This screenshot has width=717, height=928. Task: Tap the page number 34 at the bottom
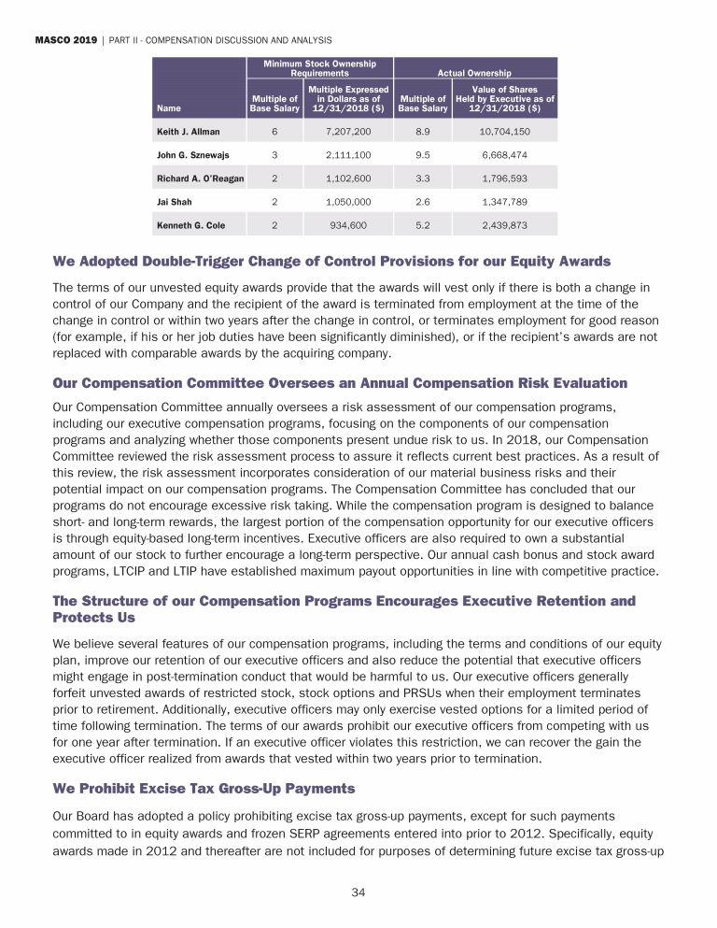click(358, 892)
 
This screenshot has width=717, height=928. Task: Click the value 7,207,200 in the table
click(347, 133)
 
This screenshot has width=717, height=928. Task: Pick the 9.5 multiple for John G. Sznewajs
click(422, 155)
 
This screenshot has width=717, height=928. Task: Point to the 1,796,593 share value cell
click(504, 178)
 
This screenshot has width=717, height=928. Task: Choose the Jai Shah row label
click(174, 201)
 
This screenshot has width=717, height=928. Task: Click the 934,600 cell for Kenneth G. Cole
click(347, 224)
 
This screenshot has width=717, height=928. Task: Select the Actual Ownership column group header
click(475, 71)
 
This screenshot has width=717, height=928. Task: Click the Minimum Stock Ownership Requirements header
click(320, 67)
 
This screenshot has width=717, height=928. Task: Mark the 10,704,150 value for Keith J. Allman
click(504, 133)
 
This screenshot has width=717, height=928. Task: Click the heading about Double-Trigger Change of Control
click(332, 261)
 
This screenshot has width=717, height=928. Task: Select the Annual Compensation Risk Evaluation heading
click(340, 383)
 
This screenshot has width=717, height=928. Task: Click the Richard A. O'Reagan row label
click(198, 178)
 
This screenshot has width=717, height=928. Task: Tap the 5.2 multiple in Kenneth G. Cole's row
click(422, 224)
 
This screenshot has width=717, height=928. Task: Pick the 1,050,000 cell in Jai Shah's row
click(347, 201)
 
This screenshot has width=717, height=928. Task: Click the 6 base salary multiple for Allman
click(274, 133)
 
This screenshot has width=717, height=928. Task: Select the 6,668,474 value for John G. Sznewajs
click(504, 155)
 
